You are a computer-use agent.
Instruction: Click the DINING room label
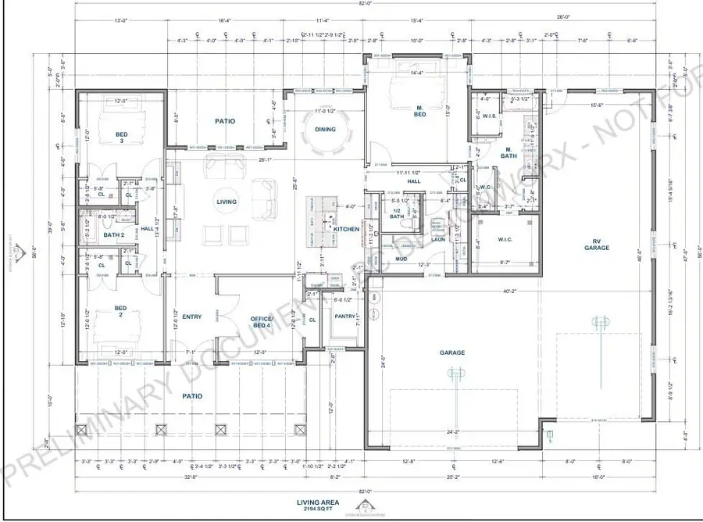pos(325,129)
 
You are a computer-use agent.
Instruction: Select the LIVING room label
pos(227,202)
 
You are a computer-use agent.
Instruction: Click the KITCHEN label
pos(347,229)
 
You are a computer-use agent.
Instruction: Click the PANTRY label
pos(344,316)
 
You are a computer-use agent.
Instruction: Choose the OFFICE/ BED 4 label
pos(261,323)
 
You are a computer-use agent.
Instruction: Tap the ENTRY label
pos(192,316)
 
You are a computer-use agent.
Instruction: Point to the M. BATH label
pos(508,152)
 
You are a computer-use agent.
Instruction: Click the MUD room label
pos(401,258)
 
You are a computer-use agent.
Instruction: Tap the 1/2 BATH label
pos(397,213)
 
